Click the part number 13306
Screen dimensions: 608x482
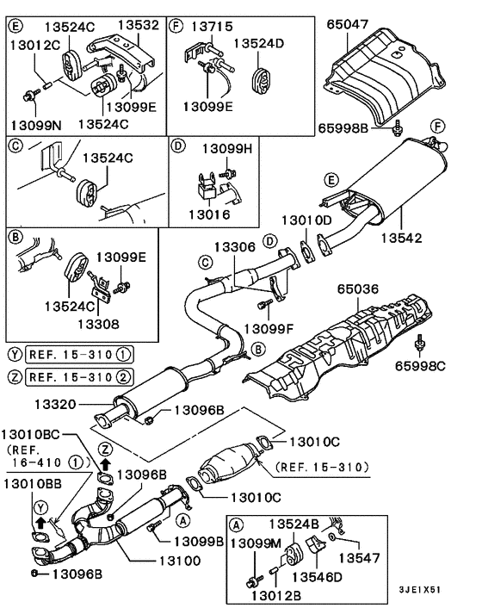click(x=229, y=247)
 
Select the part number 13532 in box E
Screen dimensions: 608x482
click(x=139, y=26)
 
